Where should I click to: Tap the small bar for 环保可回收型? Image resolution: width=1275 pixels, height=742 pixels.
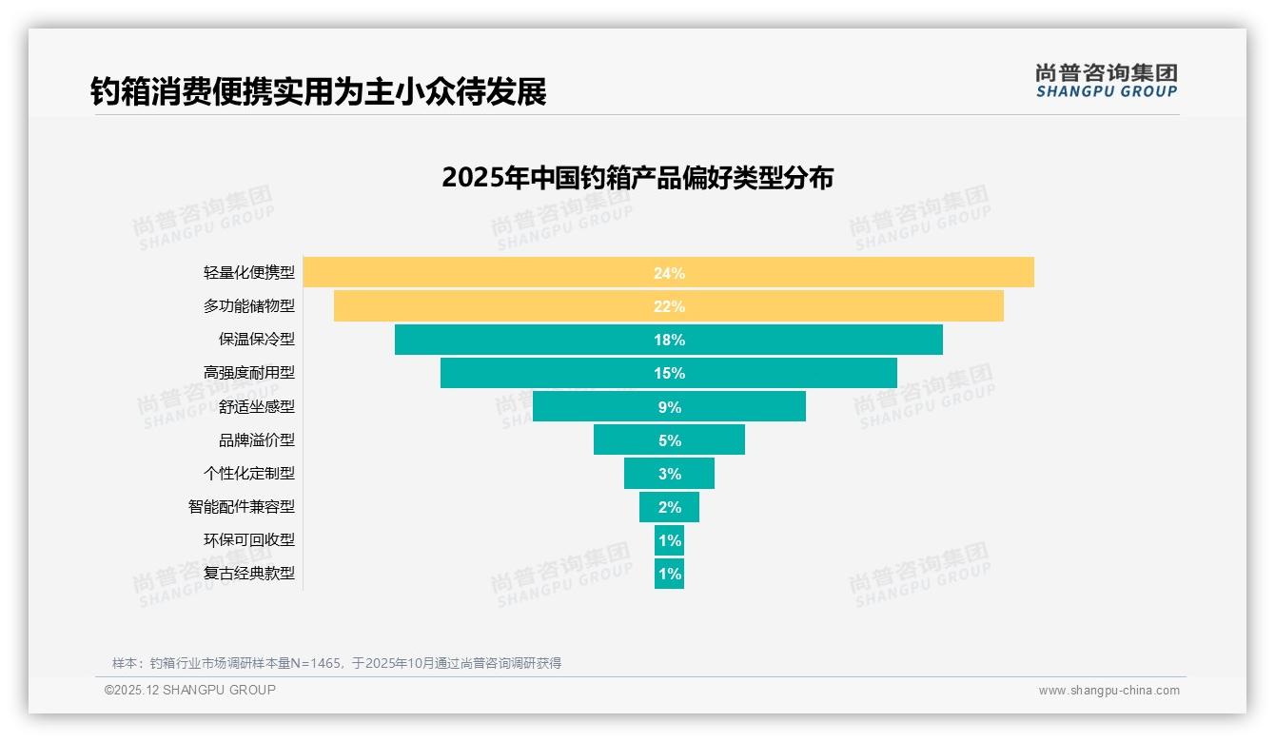669,540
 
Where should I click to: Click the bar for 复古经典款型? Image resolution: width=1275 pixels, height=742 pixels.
669,574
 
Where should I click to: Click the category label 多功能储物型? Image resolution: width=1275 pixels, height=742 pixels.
249,306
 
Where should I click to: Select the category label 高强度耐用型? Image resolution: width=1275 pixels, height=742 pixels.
249,373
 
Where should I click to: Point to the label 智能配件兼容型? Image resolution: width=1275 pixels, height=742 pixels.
242,507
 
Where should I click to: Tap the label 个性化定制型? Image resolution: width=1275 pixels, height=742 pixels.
249,473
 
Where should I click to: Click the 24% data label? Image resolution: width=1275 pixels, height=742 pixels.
669,273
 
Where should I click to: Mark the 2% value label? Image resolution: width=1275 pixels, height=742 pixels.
669,507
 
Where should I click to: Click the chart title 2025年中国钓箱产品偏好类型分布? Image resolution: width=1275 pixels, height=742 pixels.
637,178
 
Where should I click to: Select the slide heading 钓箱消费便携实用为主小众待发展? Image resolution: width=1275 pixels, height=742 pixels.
319,91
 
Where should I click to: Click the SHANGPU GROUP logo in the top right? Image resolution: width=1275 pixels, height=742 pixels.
1107,81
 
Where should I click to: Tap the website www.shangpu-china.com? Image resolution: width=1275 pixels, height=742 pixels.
1108,691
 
